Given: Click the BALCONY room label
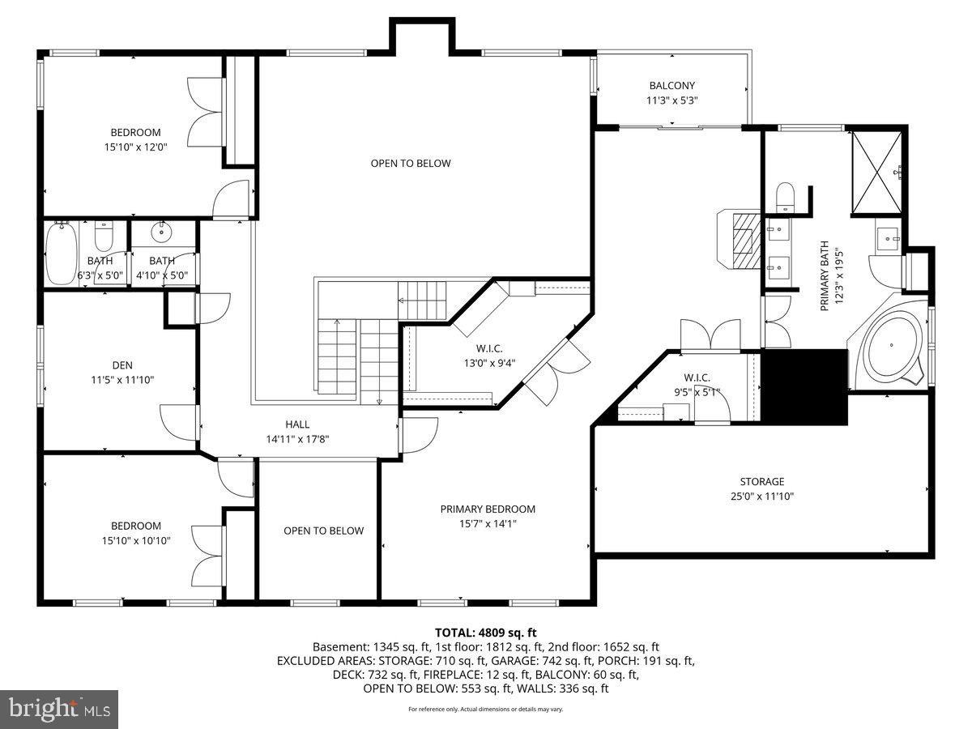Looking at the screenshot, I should click(671, 86).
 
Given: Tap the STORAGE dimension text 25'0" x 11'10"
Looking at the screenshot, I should click(761, 497).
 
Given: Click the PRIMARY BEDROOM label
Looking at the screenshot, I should click(488, 509).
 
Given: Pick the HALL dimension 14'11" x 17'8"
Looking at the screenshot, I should click(297, 439).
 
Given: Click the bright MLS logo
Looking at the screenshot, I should click(59, 709).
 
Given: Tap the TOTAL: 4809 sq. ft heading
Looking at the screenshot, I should click(485, 633).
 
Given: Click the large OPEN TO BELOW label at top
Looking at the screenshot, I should click(411, 164).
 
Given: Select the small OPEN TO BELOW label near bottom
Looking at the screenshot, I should click(323, 531).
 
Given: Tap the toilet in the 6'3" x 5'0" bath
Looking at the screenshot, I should click(104, 234).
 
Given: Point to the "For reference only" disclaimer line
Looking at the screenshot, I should click(485, 709).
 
